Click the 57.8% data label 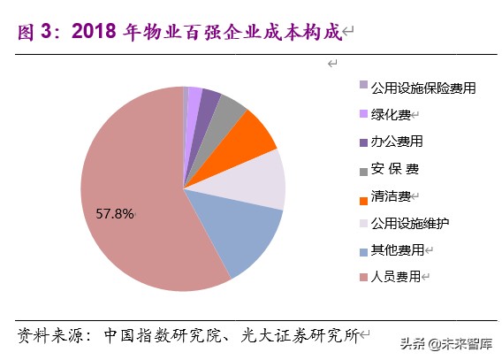[x=114, y=213]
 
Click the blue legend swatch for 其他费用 [x=362, y=251]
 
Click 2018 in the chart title [x=95, y=32]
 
